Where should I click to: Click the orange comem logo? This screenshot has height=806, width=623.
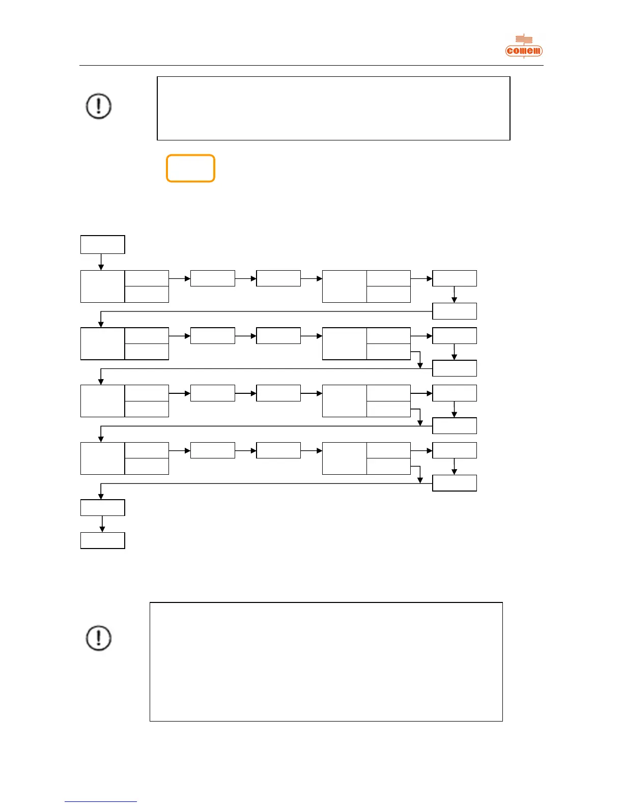pyautogui.click(x=524, y=50)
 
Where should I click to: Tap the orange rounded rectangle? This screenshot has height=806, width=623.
pyautogui.click(x=190, y=168)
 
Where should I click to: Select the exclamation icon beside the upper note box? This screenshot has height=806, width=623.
pyautogui.click(x=98, y=106)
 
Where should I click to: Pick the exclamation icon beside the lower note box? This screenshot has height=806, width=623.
pyautogui.click(x=98, y=638)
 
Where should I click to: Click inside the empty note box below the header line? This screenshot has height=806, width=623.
pyautogui.click(x=333, y=108)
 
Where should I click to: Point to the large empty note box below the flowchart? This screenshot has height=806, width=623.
pyautogui.click(x=326, y=661)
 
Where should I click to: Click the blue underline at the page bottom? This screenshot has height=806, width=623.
pyautogui.click(x=101, y=801)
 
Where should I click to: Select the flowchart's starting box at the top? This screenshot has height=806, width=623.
pyautogui.click(x=102, y=245)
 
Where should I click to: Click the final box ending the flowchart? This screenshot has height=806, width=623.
pyautogui.click(x=102, y=540)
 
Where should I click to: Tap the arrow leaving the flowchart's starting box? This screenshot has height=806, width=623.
pyautogui.click(x=101, y=262)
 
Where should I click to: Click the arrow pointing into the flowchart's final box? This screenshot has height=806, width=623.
pyautogui.click(x=102, y=524)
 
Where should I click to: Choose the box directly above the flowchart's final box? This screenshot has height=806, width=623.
pyautogui.click(x=102, y=507)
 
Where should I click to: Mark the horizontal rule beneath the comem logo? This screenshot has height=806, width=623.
pyautogui.click(x=311, y=65)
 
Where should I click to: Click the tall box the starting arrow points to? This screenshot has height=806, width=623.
pyautogui.click(x=102, y=286)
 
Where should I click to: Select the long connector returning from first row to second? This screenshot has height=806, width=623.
pyautogui.click(x=265, y=311)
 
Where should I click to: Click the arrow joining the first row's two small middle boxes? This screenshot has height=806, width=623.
pyautogui.click(x=245, y=279)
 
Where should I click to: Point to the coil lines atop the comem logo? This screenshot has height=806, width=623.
pyautogui.click(x=524, y=39)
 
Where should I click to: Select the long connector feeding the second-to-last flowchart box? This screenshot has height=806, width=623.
pyautogui.click(x=265, y=483)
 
